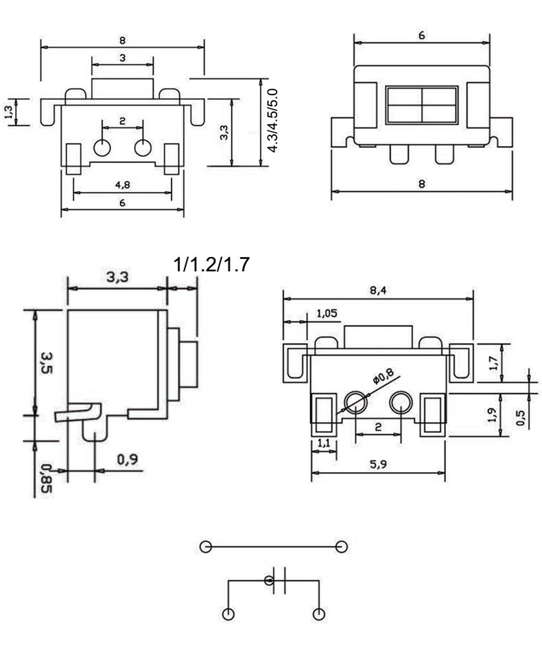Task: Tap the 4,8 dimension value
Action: [121, 184]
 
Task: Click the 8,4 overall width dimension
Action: [377, 291]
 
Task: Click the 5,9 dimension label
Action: [377, 464]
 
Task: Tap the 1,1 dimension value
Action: [323, 444]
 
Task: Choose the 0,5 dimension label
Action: [523, 417]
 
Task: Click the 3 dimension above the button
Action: [122, 58]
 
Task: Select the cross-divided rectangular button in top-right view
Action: [421, 105]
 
